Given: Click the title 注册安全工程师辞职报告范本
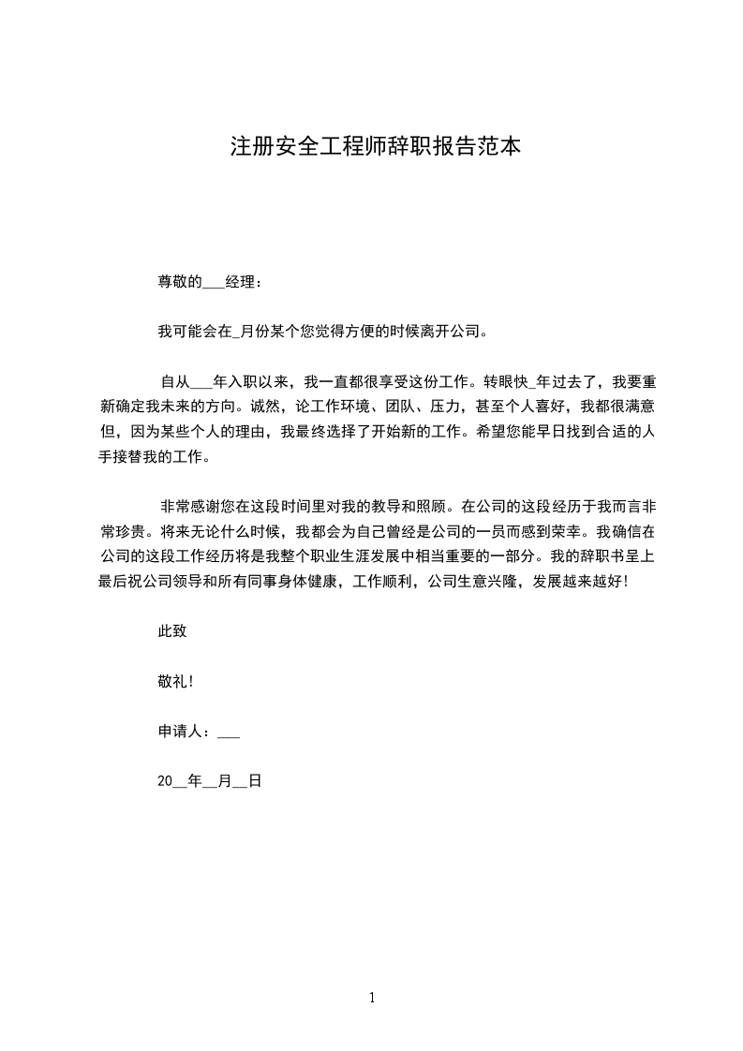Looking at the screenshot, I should click(375, 147).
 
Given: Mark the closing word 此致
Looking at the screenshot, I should click(172, 631).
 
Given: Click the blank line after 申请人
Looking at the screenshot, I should click(229, 732).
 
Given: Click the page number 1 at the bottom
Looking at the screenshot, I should click(372, 998).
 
